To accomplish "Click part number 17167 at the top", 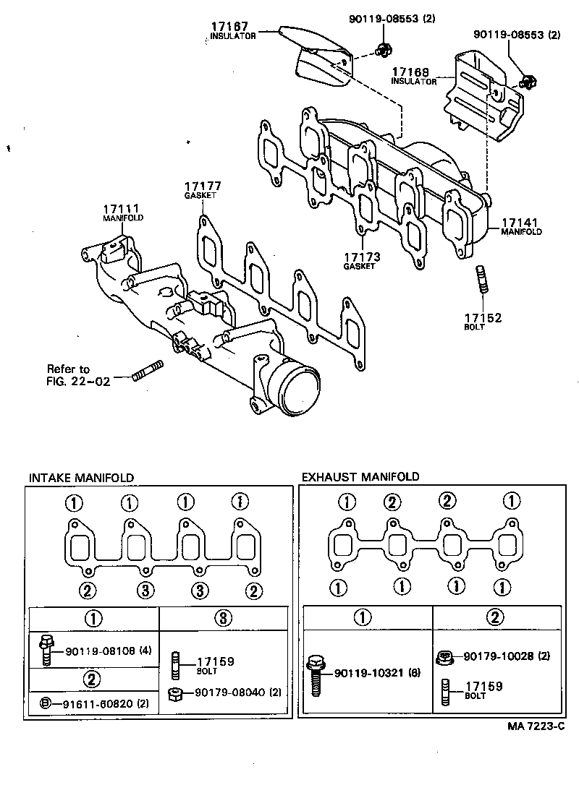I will pyautogui.click(x=229, y=26).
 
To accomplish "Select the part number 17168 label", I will pyautogui.click(x=411, y=72).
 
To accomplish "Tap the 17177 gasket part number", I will pyautogui.click(x=202, y=186).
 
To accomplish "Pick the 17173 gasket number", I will pyautogui.click(x=361, y=257).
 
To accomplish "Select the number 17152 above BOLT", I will pyautogui.click(x=483, y=317).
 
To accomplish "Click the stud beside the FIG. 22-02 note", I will pyautogui.click(x=148, y=374).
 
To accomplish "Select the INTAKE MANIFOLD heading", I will pyautogui.click(x=80, y=478).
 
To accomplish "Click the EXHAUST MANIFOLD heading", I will pyautogui.click(x=360, y=477).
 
